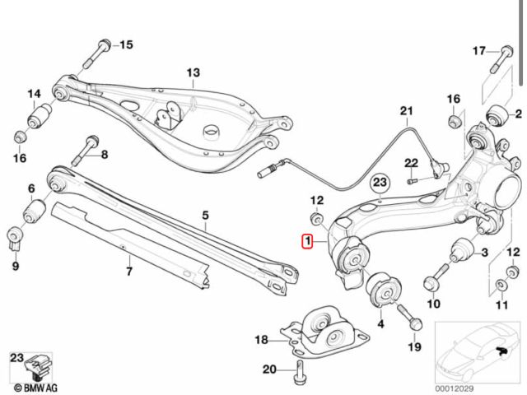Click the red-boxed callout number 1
click(x=307, y=242)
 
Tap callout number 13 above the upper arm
click(x=193, y=73)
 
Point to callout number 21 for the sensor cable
click(x=405, y=110)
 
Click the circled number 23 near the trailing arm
click(x=380, y=181)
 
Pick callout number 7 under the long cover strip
click(x=128, y=269)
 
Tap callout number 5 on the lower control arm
click(x=205, y=216)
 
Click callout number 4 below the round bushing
click(x=380, y=325)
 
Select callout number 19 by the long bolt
click(x=414, y=346)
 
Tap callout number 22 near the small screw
click(x=411, y=161)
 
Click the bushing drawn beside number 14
click(x=36, y=118)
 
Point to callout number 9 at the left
click(x=15, y=265)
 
